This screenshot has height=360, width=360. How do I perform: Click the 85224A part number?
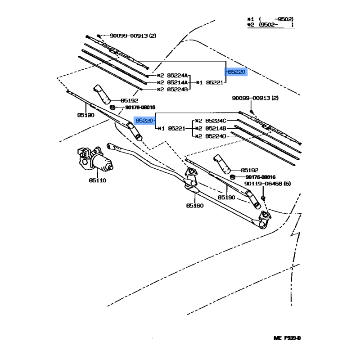tap(177, 75)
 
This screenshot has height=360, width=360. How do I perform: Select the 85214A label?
tap(177, 82)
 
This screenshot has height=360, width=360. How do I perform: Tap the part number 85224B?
tap(177, 89)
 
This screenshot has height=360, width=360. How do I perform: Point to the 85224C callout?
tap(216, 121)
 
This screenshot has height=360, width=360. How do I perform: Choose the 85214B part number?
tap(216, 128)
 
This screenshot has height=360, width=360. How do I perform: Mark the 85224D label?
tap(216, 136)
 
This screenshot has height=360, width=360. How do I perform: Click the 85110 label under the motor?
tap(98, 180)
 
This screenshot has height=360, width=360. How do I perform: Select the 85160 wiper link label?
tap(195, 206)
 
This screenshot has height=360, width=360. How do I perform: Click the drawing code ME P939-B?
tap(287, 338)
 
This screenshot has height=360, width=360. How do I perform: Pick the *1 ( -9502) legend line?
tap(270, 19)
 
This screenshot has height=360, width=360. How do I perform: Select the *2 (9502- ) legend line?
tap(270, 25)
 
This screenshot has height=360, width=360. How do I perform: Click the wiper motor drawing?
tap(94, 159)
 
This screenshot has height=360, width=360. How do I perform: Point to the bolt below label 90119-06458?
tap(263, 198)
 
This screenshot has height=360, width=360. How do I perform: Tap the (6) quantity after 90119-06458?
tap(287, 184)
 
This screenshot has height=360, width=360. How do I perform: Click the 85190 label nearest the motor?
tap(85, 115)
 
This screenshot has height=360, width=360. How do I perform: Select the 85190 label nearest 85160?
tap(226, 198)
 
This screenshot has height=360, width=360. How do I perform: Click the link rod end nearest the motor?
tap(110, 146)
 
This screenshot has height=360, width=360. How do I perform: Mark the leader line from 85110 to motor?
tap(98, 173)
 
